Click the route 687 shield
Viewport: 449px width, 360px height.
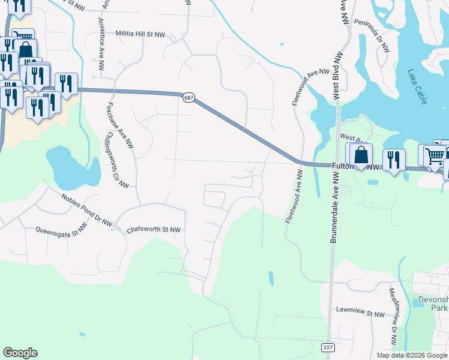(188, 97)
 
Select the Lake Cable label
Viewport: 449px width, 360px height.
(417, 87)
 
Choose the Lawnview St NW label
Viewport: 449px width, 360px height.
(360, 314)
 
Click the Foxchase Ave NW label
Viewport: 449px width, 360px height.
(120, 124)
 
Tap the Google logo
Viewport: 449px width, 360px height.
(20, 353)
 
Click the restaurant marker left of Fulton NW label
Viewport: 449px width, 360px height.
(394, 160)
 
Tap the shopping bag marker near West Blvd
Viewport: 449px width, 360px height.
(361, 155)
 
